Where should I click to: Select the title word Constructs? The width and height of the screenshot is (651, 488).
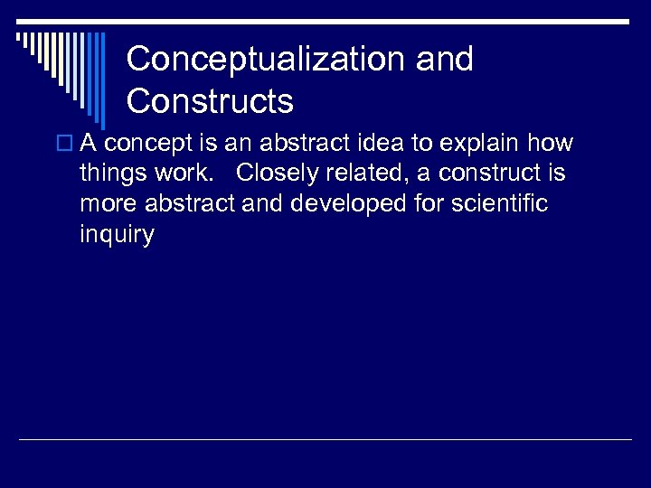[210, 101]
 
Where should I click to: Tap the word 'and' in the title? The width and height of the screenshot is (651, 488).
[444, 60]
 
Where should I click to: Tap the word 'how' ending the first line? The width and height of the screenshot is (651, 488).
[552, 144]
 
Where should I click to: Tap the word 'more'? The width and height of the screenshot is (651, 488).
[105, 204]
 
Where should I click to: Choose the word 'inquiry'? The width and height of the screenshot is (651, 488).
[118, 235]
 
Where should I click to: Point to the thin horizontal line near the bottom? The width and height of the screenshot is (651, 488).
[325, 440]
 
